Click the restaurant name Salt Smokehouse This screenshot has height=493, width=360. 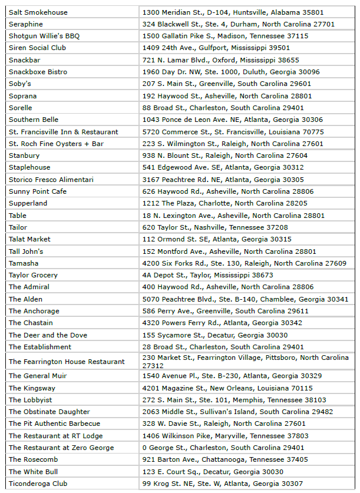pyautogui.click(x=38, y=12)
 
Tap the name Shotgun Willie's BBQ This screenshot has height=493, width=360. pyautogui.click(x=44, y=36)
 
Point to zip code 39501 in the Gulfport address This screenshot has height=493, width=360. pyautogui.click(x=279, y=48)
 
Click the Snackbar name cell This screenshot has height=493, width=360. pyautogui.click(x=25, y=60)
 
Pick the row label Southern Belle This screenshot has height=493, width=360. pyautogui.click(x=34, y=120)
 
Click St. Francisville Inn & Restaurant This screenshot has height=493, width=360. pyautogui.click(x=63, y=132)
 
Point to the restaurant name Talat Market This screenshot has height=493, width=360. pyautogui.click(x=29, y=239)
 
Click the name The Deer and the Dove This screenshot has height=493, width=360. pyautogui.click(x=48, y=335)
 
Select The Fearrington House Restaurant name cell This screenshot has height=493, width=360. pyautogui.click(x=67, y=362)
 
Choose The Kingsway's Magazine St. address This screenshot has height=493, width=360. pyautogui.click(x=227, y=388)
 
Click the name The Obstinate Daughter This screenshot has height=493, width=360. pyautogui.click(x=49, y=412)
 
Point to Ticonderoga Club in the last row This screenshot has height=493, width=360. pyautogui.click(x=38, y=484)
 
